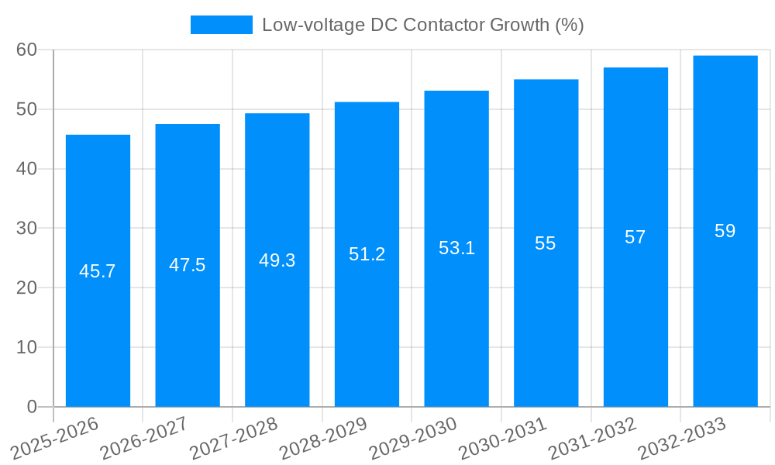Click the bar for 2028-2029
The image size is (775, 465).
tap(367, 325)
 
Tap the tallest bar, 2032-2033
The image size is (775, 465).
tap(725, 310)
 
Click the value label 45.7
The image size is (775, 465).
tap(98, 271)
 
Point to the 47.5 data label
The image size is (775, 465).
tap(188, 265)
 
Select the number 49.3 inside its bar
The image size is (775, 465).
tap(277, 260)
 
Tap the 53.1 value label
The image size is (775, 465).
tap(456, 248)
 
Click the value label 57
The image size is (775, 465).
tap(635, 237)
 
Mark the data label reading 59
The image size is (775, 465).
tap(725, 231)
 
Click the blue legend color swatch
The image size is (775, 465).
tap(222, 25)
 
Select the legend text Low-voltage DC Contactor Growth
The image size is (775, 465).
tap(422, 25)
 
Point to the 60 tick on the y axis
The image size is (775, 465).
tap(26, 50)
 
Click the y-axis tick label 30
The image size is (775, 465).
tap(26, 228)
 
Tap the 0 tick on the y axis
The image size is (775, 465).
tap(32, 407)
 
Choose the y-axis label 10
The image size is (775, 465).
tap(26, 347)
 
